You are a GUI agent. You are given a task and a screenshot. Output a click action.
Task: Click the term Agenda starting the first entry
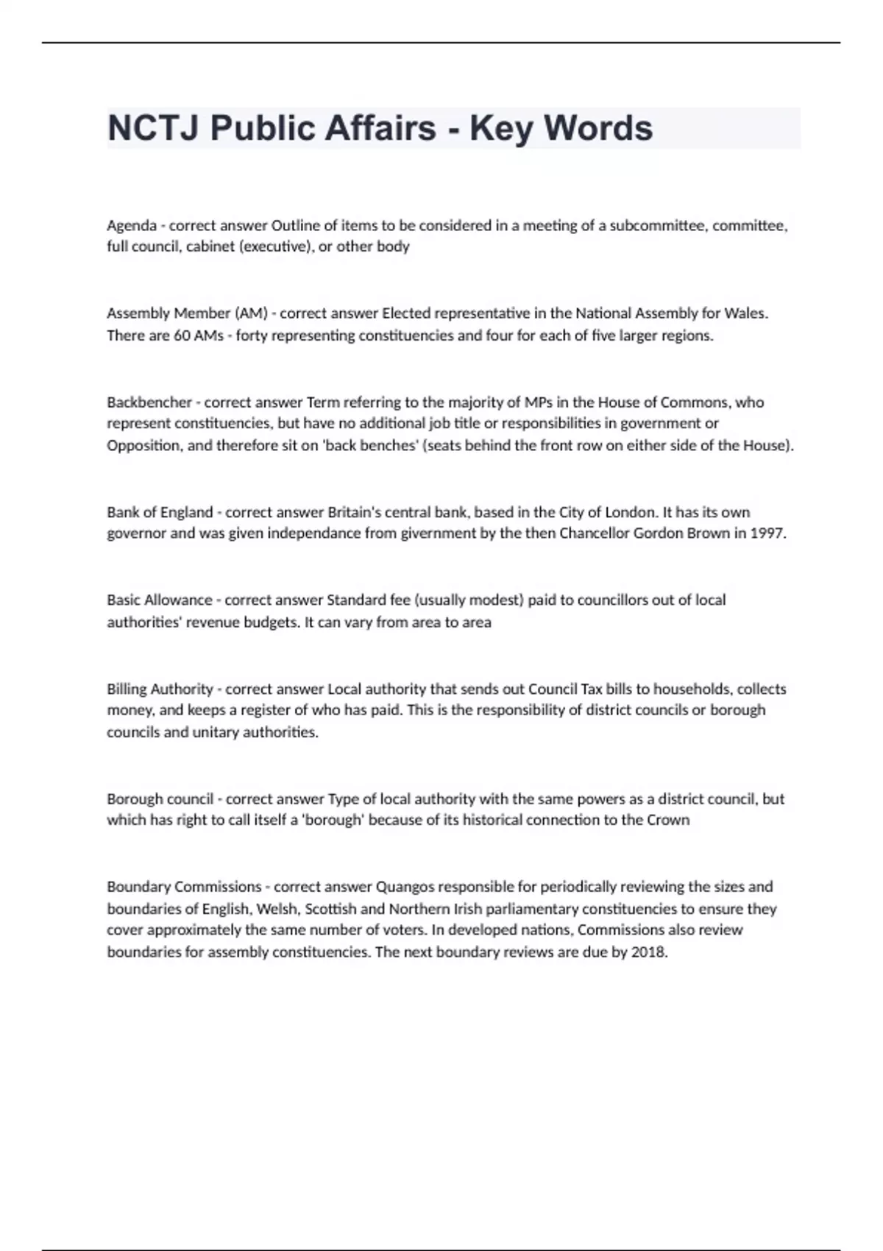[132, 226]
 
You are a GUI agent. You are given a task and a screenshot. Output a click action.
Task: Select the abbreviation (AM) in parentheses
[251, 313]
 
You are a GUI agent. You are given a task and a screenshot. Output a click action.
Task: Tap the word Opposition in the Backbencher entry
[144, 445]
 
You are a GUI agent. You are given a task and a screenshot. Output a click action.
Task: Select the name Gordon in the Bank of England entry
[659, 534]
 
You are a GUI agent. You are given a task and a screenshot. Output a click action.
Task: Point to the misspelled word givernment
[439, 534]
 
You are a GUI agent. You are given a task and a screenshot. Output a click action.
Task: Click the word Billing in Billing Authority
[127, 689]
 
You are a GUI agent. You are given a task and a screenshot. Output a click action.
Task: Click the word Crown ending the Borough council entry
[668, 820]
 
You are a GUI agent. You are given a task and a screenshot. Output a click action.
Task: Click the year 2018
[649, 952]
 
